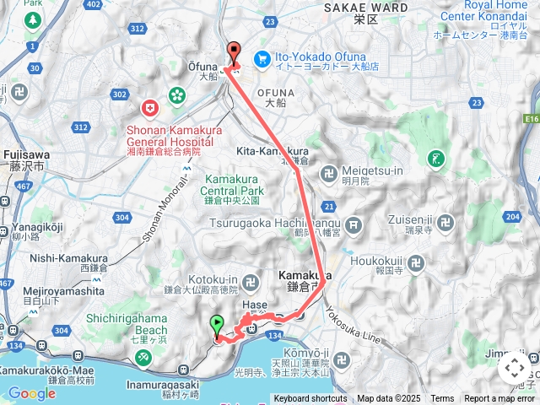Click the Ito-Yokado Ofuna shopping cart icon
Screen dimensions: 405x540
(262, 58)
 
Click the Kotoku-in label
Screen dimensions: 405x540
(211, 279)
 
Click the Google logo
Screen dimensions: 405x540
(31, 393)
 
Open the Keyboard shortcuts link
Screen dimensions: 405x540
(310, 399)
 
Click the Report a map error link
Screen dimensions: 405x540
(499, 399)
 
